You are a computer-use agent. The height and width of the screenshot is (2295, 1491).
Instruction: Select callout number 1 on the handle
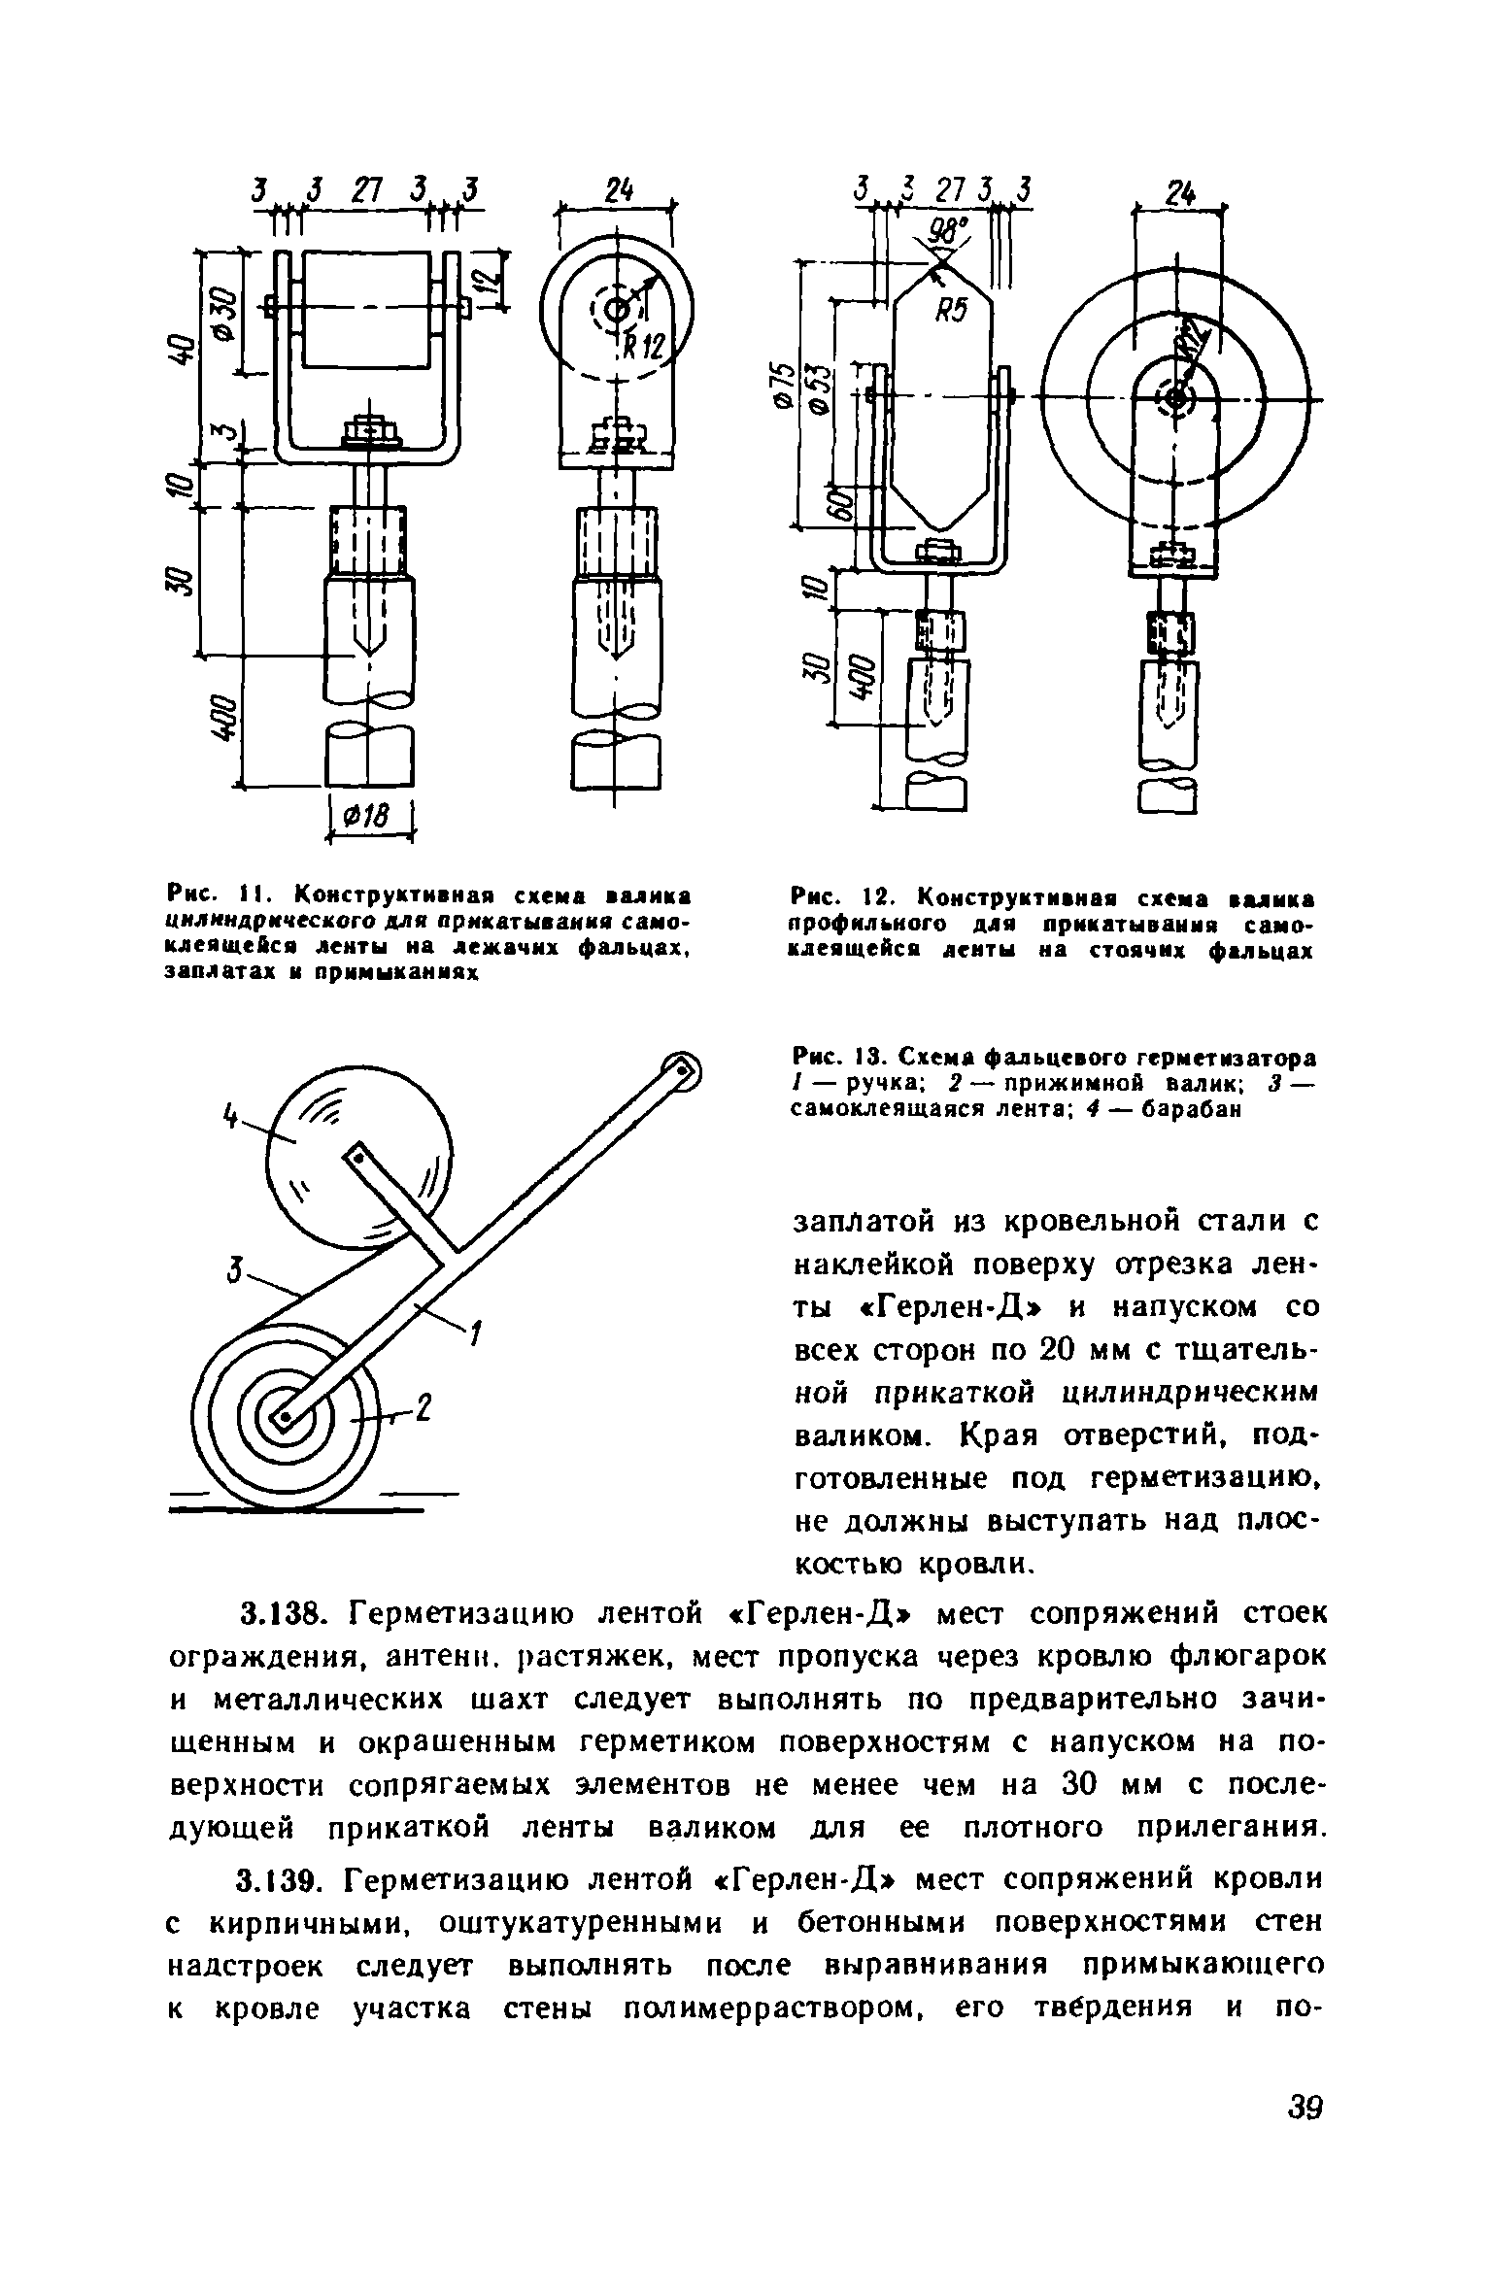(x=476, y=1335)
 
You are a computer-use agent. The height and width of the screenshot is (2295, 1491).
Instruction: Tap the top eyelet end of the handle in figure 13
(x=681, y=1070)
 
